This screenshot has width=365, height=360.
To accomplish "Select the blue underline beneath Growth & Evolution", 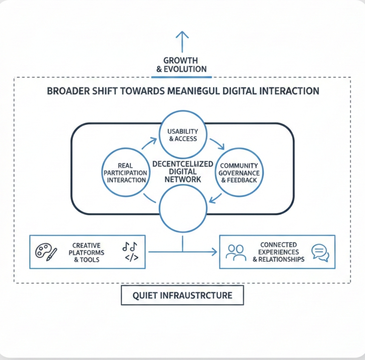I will point(182,77).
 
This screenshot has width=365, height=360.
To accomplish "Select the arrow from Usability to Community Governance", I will point(218,143).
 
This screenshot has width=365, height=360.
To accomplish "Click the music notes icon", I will point(129,246).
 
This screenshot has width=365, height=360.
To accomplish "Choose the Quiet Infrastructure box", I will point(182,295).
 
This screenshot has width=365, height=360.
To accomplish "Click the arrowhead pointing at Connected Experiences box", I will point(214,252).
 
